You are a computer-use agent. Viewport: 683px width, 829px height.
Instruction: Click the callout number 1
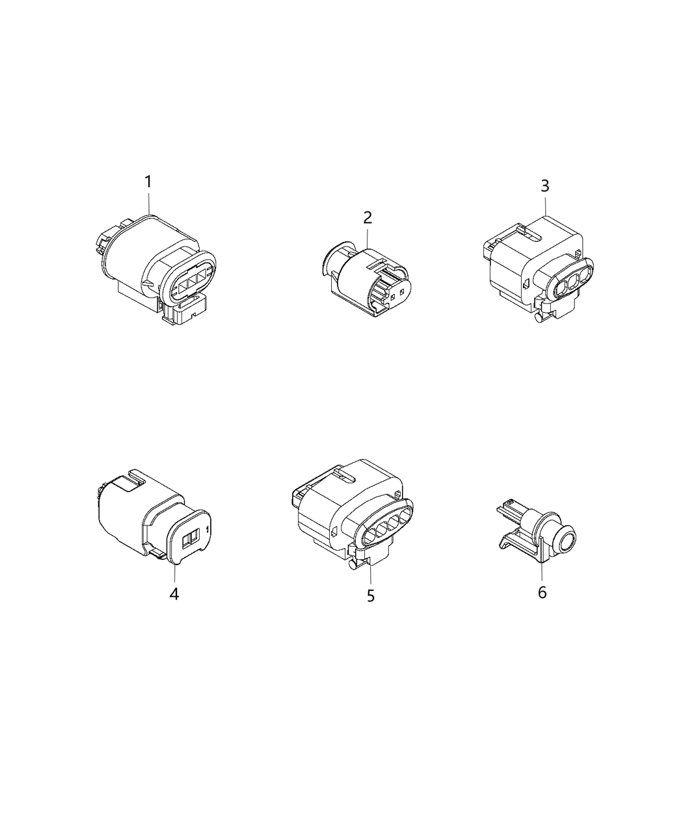point(148,181)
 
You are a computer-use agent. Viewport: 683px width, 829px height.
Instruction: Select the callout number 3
point(545,186)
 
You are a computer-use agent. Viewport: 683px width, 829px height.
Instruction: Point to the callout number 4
point(174,594)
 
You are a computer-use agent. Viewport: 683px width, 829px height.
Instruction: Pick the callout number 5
point(371,596)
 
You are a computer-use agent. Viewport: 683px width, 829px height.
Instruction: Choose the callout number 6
point(542,592)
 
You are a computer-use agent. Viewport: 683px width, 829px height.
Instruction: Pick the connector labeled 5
point(351,514)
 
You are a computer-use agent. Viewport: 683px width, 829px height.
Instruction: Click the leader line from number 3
point(545,207)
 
